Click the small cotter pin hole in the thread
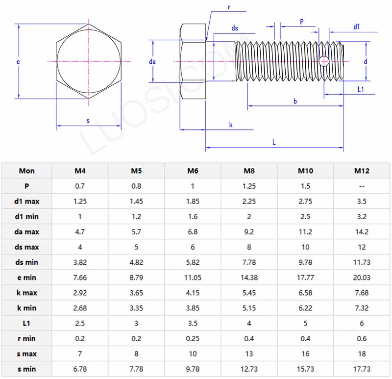pyautogui.click(x=323, y=61)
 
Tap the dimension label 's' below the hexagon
pyautogui.click(x=88, y=121)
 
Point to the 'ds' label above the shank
pyautogui.click(x=235, y=28)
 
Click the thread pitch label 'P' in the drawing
pyautogui.click(x=301, y=22)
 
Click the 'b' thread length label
pyautogui.click(x=295, y=101)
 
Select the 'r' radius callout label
pyautogui.click(x=229, y=7)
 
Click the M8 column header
pyautogui.click(x=249, y=171)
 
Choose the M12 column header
pyautogui.click(x=362, y=171)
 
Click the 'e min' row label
pyautogui.click(x=26, y=278)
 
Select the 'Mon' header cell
pyautogui.click(x=26, y=171)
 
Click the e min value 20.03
pyautogui.click(x=362, y=278)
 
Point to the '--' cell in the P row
pyautogui.click(x=362, y=186)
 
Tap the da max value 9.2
pyautogui.click(x=249, y=231)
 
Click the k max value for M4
pyautogui.click(x=80, y=293)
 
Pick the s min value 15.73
pyautogui.click(x=305, y=369)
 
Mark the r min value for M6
pyautogui.click(x=193, y=338)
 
